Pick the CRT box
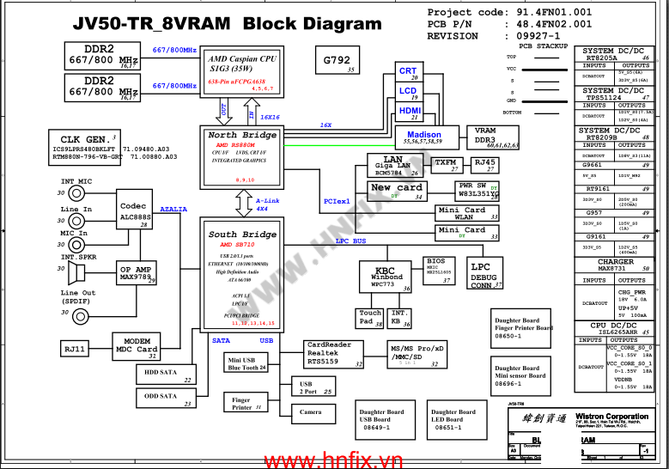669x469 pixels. [408, 72]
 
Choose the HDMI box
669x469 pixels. [409, 112]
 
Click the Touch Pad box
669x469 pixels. [371, 318]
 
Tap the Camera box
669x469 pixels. [310, 412]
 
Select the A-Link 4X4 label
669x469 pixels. [268, 204]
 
